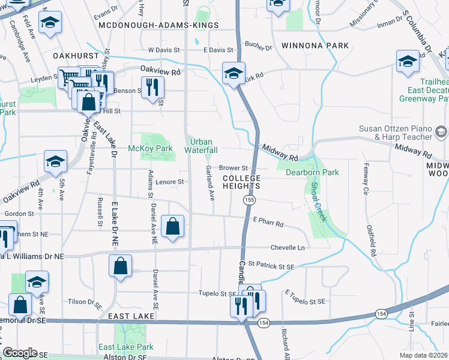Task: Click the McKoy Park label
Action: (x=150, y=148)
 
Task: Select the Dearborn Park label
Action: (x=312, y=172)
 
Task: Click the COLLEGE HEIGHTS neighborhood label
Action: (x=242, y=182)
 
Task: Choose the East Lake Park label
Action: (x=126, y=347)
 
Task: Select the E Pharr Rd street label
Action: (x=268, y=222)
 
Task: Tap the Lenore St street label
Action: (x=169, y=181)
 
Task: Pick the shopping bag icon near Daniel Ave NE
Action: (x=172, y=226)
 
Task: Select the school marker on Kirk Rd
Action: (x=233, y=73)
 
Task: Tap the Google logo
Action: (x=20, y=353)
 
